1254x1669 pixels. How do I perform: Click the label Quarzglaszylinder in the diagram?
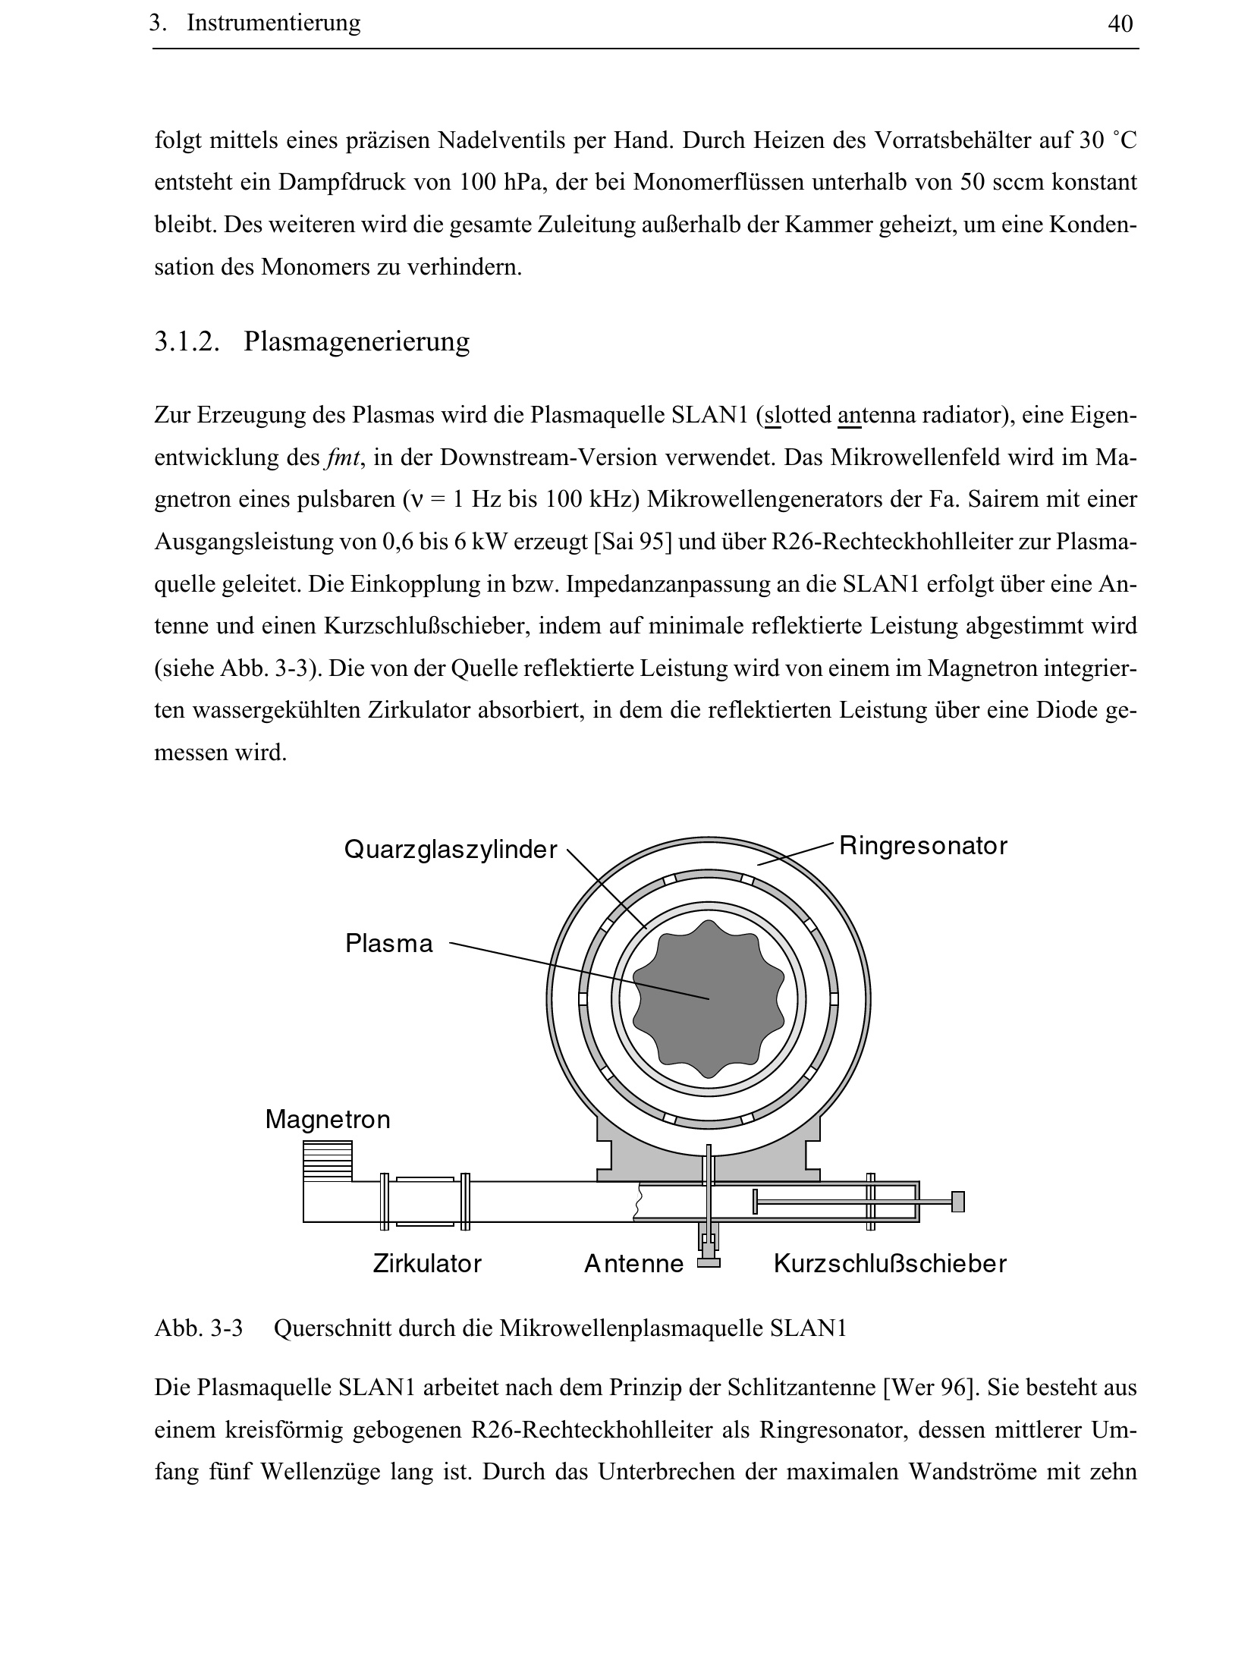pyautogui.click(x=450, y=849)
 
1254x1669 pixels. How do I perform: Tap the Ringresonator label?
pyautogui.click(x=922, y=845)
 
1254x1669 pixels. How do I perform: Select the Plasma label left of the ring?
pyautogui.click(x=388, y=944)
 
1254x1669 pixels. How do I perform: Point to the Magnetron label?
pyautogui.click(x=328, y=1120)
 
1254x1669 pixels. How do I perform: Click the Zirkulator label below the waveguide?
pyautogui.click(x=427, y=1264)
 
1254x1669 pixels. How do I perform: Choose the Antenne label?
pyautogui.click(x=633, y=1264)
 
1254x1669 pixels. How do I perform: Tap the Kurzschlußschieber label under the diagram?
pyautogui.click(x=889, y=1264)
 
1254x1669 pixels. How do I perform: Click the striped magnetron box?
pyautogui.click(x=328, y=1161)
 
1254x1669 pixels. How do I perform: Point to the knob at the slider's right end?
pyautogui.click(x=957, y=1202)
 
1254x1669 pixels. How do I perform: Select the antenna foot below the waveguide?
pyautogui.click(x=708, y=1263)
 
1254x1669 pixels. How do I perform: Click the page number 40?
pyautogui.click(x=1120, y=24)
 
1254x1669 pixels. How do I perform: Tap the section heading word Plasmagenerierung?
pyautogui.click(x=357, y=341)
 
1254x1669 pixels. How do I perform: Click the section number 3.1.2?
pyautogui.click(x=187, y=341)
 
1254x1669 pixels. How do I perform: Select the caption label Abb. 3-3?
pyautogui.click(x=198, y=1328)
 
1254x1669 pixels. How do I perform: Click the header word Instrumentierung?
pyautogui.click(x=273, y=24)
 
